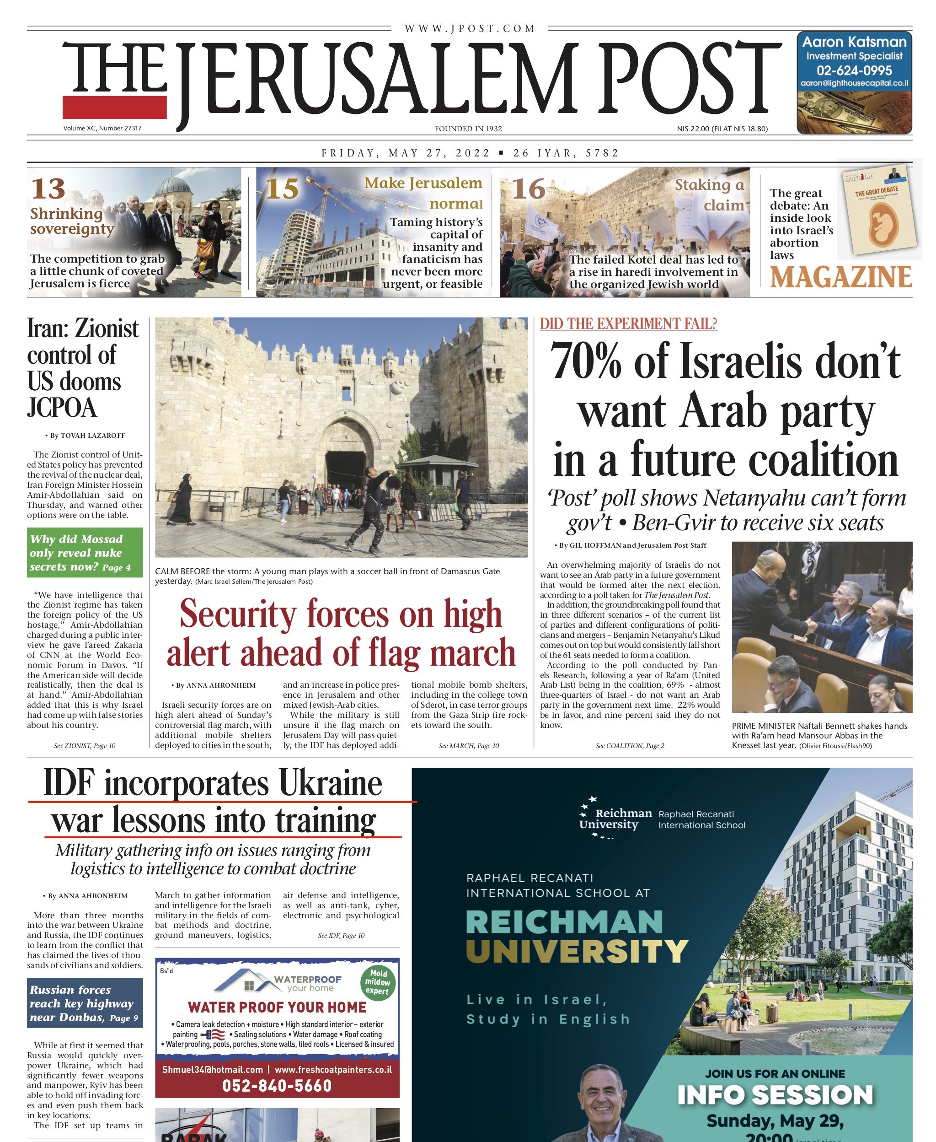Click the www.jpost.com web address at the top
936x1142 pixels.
470,28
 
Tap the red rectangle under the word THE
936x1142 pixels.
114,107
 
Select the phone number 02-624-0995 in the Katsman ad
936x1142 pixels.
854,70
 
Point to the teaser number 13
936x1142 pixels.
48,189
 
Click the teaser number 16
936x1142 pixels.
529,189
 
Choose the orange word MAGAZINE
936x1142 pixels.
840,277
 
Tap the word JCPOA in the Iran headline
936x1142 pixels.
62,408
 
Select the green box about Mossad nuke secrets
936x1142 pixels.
85,552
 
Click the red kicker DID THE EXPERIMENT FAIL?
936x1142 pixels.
628,323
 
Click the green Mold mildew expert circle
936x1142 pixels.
377,982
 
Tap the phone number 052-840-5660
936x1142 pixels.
277,1085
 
